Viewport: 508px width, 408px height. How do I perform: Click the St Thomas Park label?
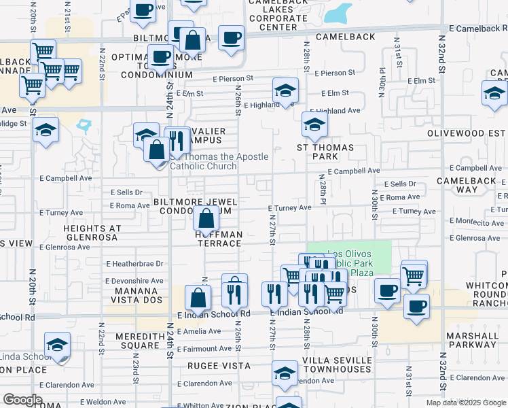pyautogui.click(x=325, y=152)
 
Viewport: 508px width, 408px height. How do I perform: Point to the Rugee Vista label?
pyautogui.click(x=220, y=366)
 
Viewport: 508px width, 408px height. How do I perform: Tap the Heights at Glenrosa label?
pyautogui.click(x=92, y=233)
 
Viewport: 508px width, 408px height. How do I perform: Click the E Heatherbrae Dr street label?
pyautogui.click(x=136, y=264)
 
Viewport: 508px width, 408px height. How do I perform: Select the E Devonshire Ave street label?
pyautogui.click(x=134, y=280)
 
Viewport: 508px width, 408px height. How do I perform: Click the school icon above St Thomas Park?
pyautogui.click(x=314, y=124)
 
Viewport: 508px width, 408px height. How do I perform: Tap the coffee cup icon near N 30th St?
pyautogui.click(x=388, y=290)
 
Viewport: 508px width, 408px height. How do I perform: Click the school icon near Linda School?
pyautogui.click(x=57, y=345)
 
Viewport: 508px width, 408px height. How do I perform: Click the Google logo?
pyautogui.click(x=22, y=400)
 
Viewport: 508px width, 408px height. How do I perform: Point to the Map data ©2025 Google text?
pyautogui.click(x=466, y=403)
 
